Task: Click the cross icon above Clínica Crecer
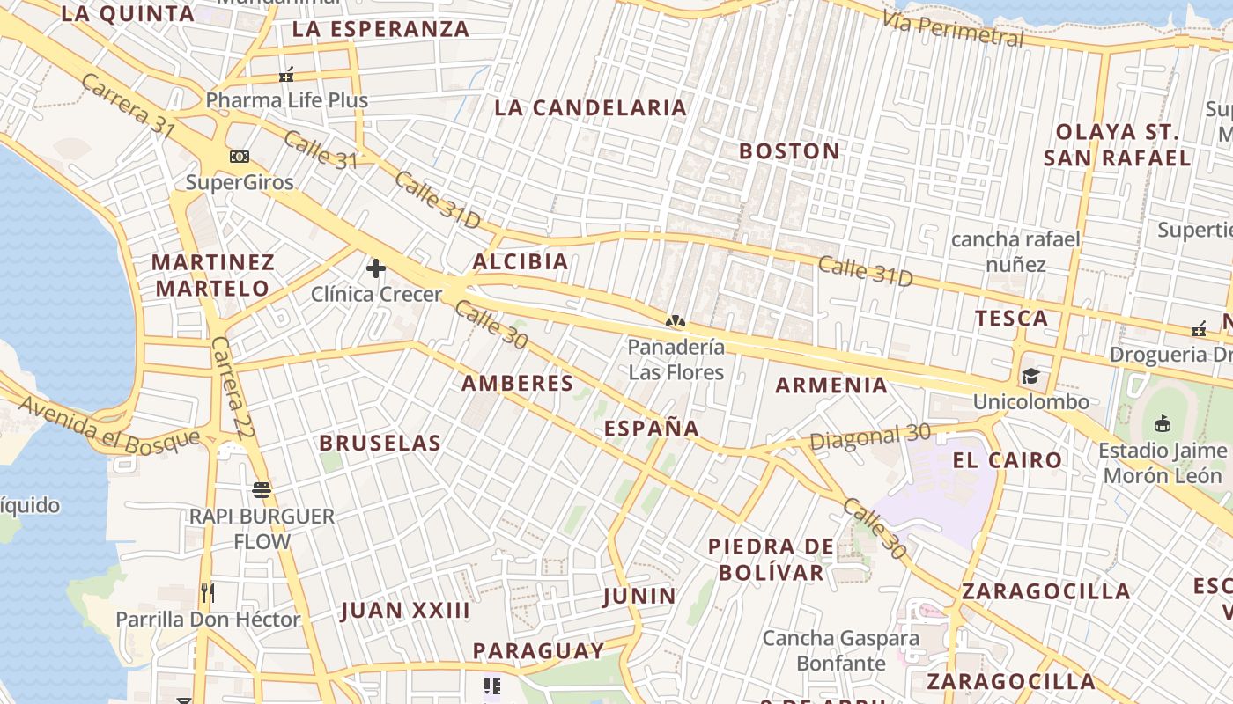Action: pyautogui.click(x=376, y=268)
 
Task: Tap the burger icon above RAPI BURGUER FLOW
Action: pyautogui.click(x=262, y=490)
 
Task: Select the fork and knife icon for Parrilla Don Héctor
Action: pyautogui.click(x=207, y=593)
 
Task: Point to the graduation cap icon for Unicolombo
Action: pyautogui.click(x=1030, y=377)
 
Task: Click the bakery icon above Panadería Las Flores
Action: pyautogui.click(x=676, y=321)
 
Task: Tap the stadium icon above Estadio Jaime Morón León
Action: pyautogui.click(x=1163, y=424)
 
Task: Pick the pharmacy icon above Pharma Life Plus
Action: pyautogui.click(x=286, y=76)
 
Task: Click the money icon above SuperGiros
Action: pyautogui.click(x=239, y=157)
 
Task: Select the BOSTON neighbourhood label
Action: pyautogui.click(x=789, y=151)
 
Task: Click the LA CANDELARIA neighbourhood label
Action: pyautogui.click(x=590, y=108)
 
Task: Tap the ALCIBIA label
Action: pyautogui.click(x=521, y=262)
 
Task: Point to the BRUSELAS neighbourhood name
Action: pyautogui.click(x=380, y=444)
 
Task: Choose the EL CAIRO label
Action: pyautogui.click(x=1008, y=460)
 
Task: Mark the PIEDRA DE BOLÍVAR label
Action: pyautogui.click(x=771, y=560)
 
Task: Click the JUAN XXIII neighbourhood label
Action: pyautogui.click(x=405, y=611)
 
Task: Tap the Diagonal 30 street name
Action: pyautogui.click(x=870, y=436)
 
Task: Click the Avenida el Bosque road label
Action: pyautogui.click(x=109, y=424)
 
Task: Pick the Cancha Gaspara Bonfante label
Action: pyautogui.click(x=841, y=650)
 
